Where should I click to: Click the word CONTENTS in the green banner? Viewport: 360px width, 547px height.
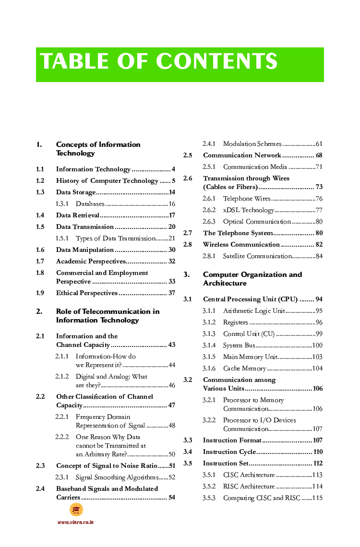point(216,61)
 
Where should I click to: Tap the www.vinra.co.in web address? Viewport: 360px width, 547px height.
point(75,522)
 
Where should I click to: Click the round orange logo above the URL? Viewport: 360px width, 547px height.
point(76,510)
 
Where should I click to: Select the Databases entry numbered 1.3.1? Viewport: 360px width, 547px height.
point(90,204)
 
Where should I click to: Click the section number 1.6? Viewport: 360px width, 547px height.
point(40,250)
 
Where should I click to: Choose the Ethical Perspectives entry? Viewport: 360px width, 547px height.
point(86,293)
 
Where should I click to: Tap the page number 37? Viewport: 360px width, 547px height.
point(171,293)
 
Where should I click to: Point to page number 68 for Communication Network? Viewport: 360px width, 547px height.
point(319,155)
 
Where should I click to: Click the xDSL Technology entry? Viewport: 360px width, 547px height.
point(248,210)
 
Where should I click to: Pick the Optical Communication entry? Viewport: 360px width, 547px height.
point(257,222)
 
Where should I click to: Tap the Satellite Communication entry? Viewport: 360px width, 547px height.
point(257,256)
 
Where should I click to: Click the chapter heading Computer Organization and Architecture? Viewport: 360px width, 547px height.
point(252,279)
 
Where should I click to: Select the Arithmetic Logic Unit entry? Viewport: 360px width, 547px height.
point(254,311)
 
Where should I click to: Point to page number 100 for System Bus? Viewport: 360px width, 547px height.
point(317,345)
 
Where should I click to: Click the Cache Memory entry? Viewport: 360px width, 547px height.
point(244,369)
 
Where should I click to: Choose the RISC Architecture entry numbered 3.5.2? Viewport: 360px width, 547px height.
point(249,487)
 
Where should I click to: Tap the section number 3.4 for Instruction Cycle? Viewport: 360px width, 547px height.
point(188,452)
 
